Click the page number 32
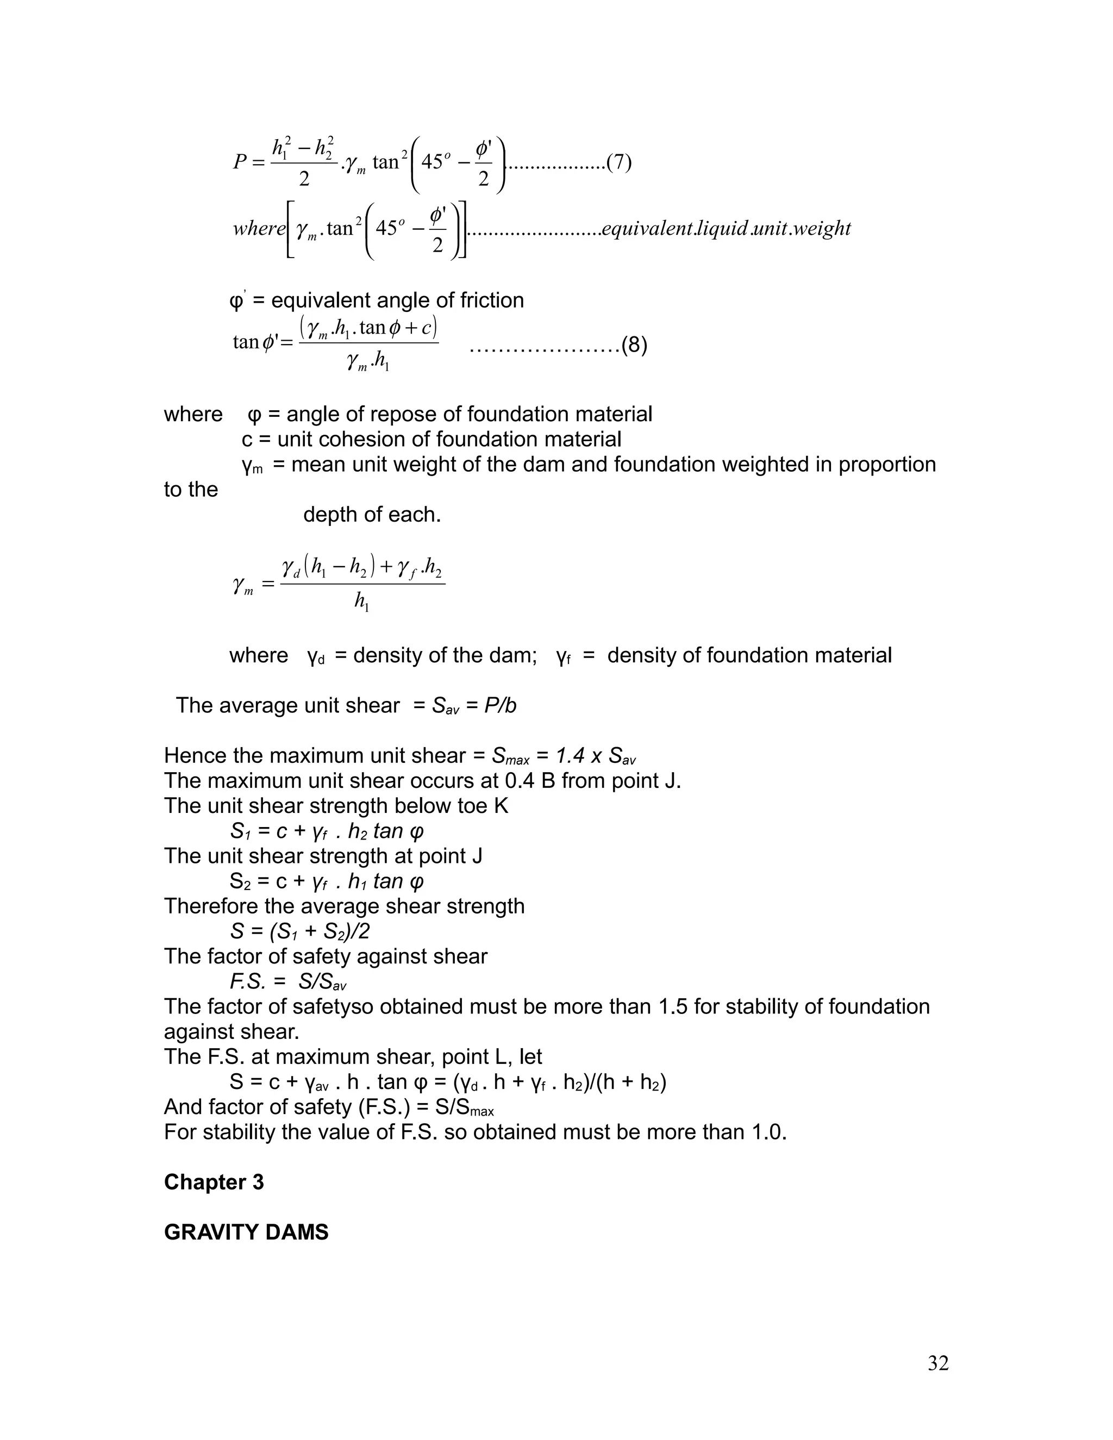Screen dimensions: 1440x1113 [x=937, y=1363]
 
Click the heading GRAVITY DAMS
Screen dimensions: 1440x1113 [x=246, y=1232]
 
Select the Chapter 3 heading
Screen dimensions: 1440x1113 [x=214, y=1182]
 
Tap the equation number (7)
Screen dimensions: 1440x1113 [x=618, y=162]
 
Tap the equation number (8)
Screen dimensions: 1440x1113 [x=634, y=345]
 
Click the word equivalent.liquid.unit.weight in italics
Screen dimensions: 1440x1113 [x=726, y=228]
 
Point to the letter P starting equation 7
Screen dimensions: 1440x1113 [x=240, y=162]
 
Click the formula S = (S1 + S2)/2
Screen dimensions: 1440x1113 [x=300, y=931]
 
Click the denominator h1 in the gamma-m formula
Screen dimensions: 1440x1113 [x=361, y=602]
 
